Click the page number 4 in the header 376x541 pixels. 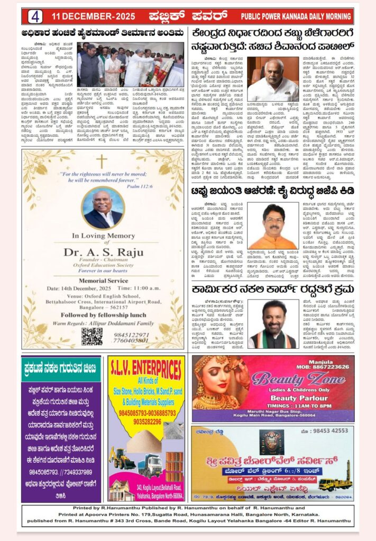35,16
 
